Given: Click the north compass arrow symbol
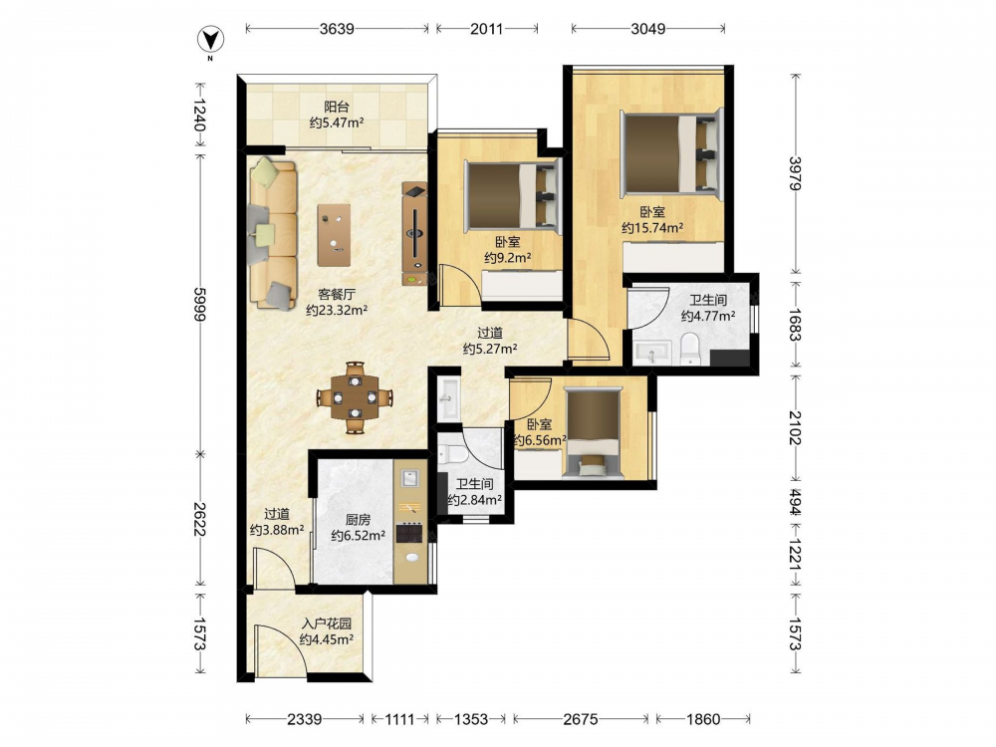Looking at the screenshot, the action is [x=210, y=41].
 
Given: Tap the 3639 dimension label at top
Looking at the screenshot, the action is [x=337, y=29].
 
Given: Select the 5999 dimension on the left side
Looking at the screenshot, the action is [x=199, y=305].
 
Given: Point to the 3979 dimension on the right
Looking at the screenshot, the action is [x=795, y=173].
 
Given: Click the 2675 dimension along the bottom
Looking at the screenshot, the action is [x=581, y=719].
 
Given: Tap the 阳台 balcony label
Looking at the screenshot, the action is [x=336, y=107].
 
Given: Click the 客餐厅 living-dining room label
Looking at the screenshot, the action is [x=336, y=294].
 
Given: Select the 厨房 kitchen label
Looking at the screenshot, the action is [x=358, y=520].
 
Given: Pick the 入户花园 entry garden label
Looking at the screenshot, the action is [x=327, y=623].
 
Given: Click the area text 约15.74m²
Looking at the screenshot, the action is [x=652, y=228].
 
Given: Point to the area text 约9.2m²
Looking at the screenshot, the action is [x=508, y=258].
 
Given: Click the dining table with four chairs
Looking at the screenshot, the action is [x=356, y=398].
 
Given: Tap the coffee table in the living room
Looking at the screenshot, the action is [x=334, y=235].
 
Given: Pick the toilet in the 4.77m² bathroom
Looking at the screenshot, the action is [x=690, y=350].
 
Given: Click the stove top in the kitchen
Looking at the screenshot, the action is [x=409, y=532].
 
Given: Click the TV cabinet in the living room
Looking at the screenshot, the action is [x=414, y=234].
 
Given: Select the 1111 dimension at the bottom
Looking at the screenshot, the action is [x=400, y=719].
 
